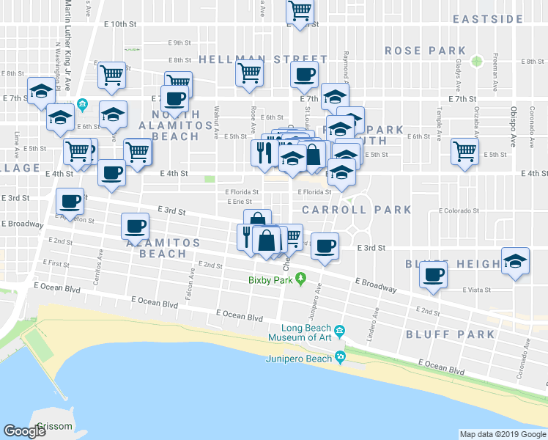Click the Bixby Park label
coord(270,280)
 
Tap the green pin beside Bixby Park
coord(309,279)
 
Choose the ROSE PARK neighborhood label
coord(426,51)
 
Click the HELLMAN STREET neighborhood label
coord(262,59)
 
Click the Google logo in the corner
coord(25,430)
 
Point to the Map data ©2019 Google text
coord(502,434)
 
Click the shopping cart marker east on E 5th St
coord(464,152)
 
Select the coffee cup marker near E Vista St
coord(433,276)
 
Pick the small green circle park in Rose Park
coord(477,60)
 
